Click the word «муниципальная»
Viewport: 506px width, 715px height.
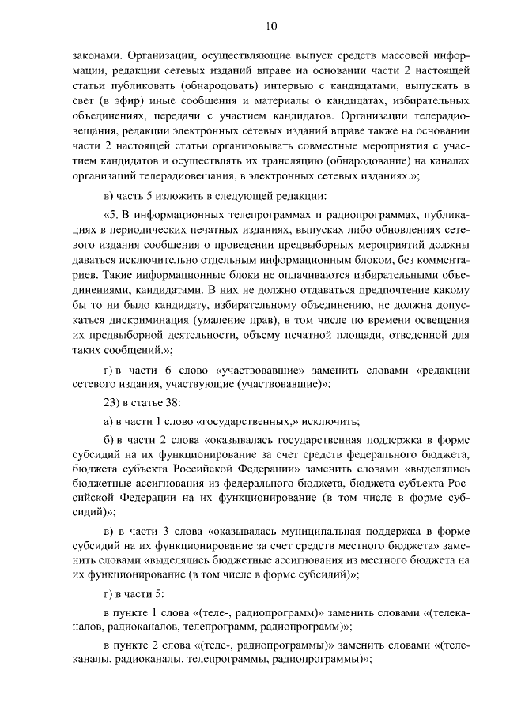point(297,530)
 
